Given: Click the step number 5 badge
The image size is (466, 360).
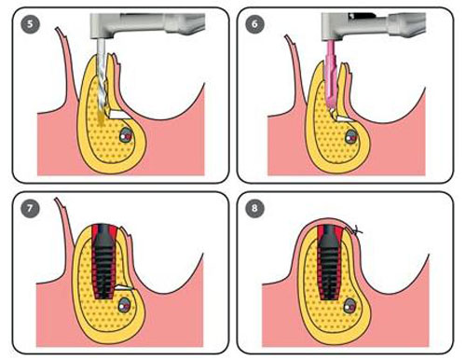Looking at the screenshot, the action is tap(30, 23).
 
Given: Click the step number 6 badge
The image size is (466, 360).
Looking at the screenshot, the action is tap(254, 23).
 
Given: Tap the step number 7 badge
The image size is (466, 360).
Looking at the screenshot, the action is tap(30, 208).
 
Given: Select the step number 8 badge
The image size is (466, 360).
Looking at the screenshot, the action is tap(254, 208).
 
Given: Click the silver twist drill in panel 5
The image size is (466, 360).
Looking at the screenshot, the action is tap(102, 81).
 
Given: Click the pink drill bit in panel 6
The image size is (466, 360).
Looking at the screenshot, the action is tap(331, 75).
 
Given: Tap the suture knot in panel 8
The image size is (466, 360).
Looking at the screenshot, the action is tap(356, 230).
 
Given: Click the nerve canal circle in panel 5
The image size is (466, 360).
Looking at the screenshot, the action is tap(127, 135).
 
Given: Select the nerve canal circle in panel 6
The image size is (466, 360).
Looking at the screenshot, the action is tap(351, 136).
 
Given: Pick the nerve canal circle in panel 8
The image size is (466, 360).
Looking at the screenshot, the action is tap(349, 306).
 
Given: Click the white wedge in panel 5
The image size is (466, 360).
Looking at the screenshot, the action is tap(118, 115).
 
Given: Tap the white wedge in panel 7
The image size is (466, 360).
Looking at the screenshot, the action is tap(124, 288).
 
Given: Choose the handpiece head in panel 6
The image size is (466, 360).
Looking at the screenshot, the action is tap(333, 27).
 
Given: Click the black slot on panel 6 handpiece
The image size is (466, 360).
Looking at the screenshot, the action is tap(362, 16).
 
